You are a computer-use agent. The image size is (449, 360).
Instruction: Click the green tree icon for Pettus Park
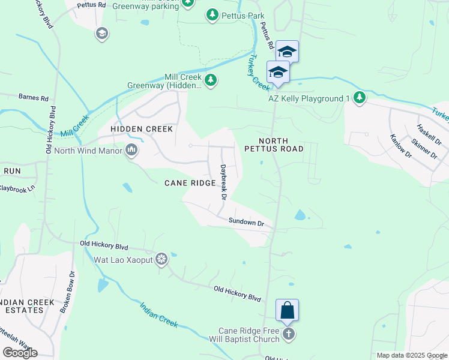(x=212, y=14)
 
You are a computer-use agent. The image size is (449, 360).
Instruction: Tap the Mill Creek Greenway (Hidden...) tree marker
(x=210, y=80)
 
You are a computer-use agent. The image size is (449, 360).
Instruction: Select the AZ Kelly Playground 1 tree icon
(x=359, y=98)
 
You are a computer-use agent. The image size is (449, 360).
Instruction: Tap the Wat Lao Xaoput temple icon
(x=161, y=260)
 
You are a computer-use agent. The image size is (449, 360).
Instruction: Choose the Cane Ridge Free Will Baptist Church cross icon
(x=289, y=334)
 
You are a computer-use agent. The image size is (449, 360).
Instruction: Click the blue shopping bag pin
(x=288, y=311)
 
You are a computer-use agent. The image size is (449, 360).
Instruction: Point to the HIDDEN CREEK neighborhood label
(x=141, y=129)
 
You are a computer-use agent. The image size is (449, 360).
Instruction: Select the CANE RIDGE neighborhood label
(x=190, y=183)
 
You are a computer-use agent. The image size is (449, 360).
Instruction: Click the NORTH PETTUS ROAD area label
(x=273, y=143)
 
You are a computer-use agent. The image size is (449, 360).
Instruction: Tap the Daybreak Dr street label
(x=223, y=182)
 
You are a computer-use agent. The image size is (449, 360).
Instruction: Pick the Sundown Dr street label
(x=246, y=223)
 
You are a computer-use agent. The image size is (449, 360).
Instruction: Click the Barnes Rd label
(x=33, y=96)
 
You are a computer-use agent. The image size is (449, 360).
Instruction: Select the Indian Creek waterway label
(x=158, y=314)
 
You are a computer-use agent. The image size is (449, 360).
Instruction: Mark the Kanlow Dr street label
(x=400, y=146)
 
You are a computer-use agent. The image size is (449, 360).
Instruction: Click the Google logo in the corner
(x=20, y=353)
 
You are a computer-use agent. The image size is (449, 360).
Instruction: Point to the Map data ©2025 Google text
(x=412, y=355)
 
